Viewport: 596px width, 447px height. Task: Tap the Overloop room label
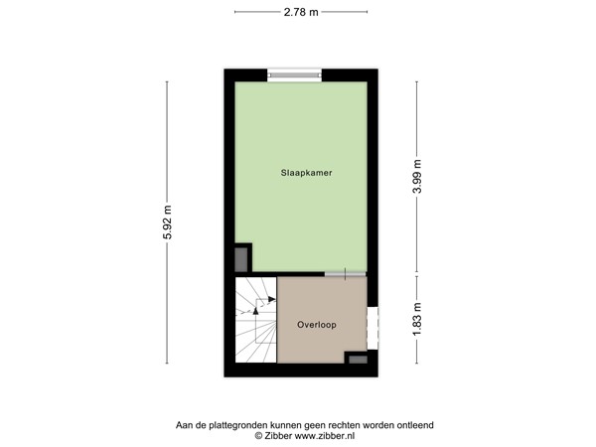pos(315,325)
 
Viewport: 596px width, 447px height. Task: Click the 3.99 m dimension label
pos(417,175)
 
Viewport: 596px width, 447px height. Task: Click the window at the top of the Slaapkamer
pos(296,74)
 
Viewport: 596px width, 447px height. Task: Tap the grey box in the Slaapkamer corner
pos(241,258)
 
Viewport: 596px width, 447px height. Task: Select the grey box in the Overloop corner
pos(355,358)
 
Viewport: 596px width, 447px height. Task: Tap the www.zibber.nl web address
pos(323,436)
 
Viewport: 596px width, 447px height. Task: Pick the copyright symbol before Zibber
pos(258,436)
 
